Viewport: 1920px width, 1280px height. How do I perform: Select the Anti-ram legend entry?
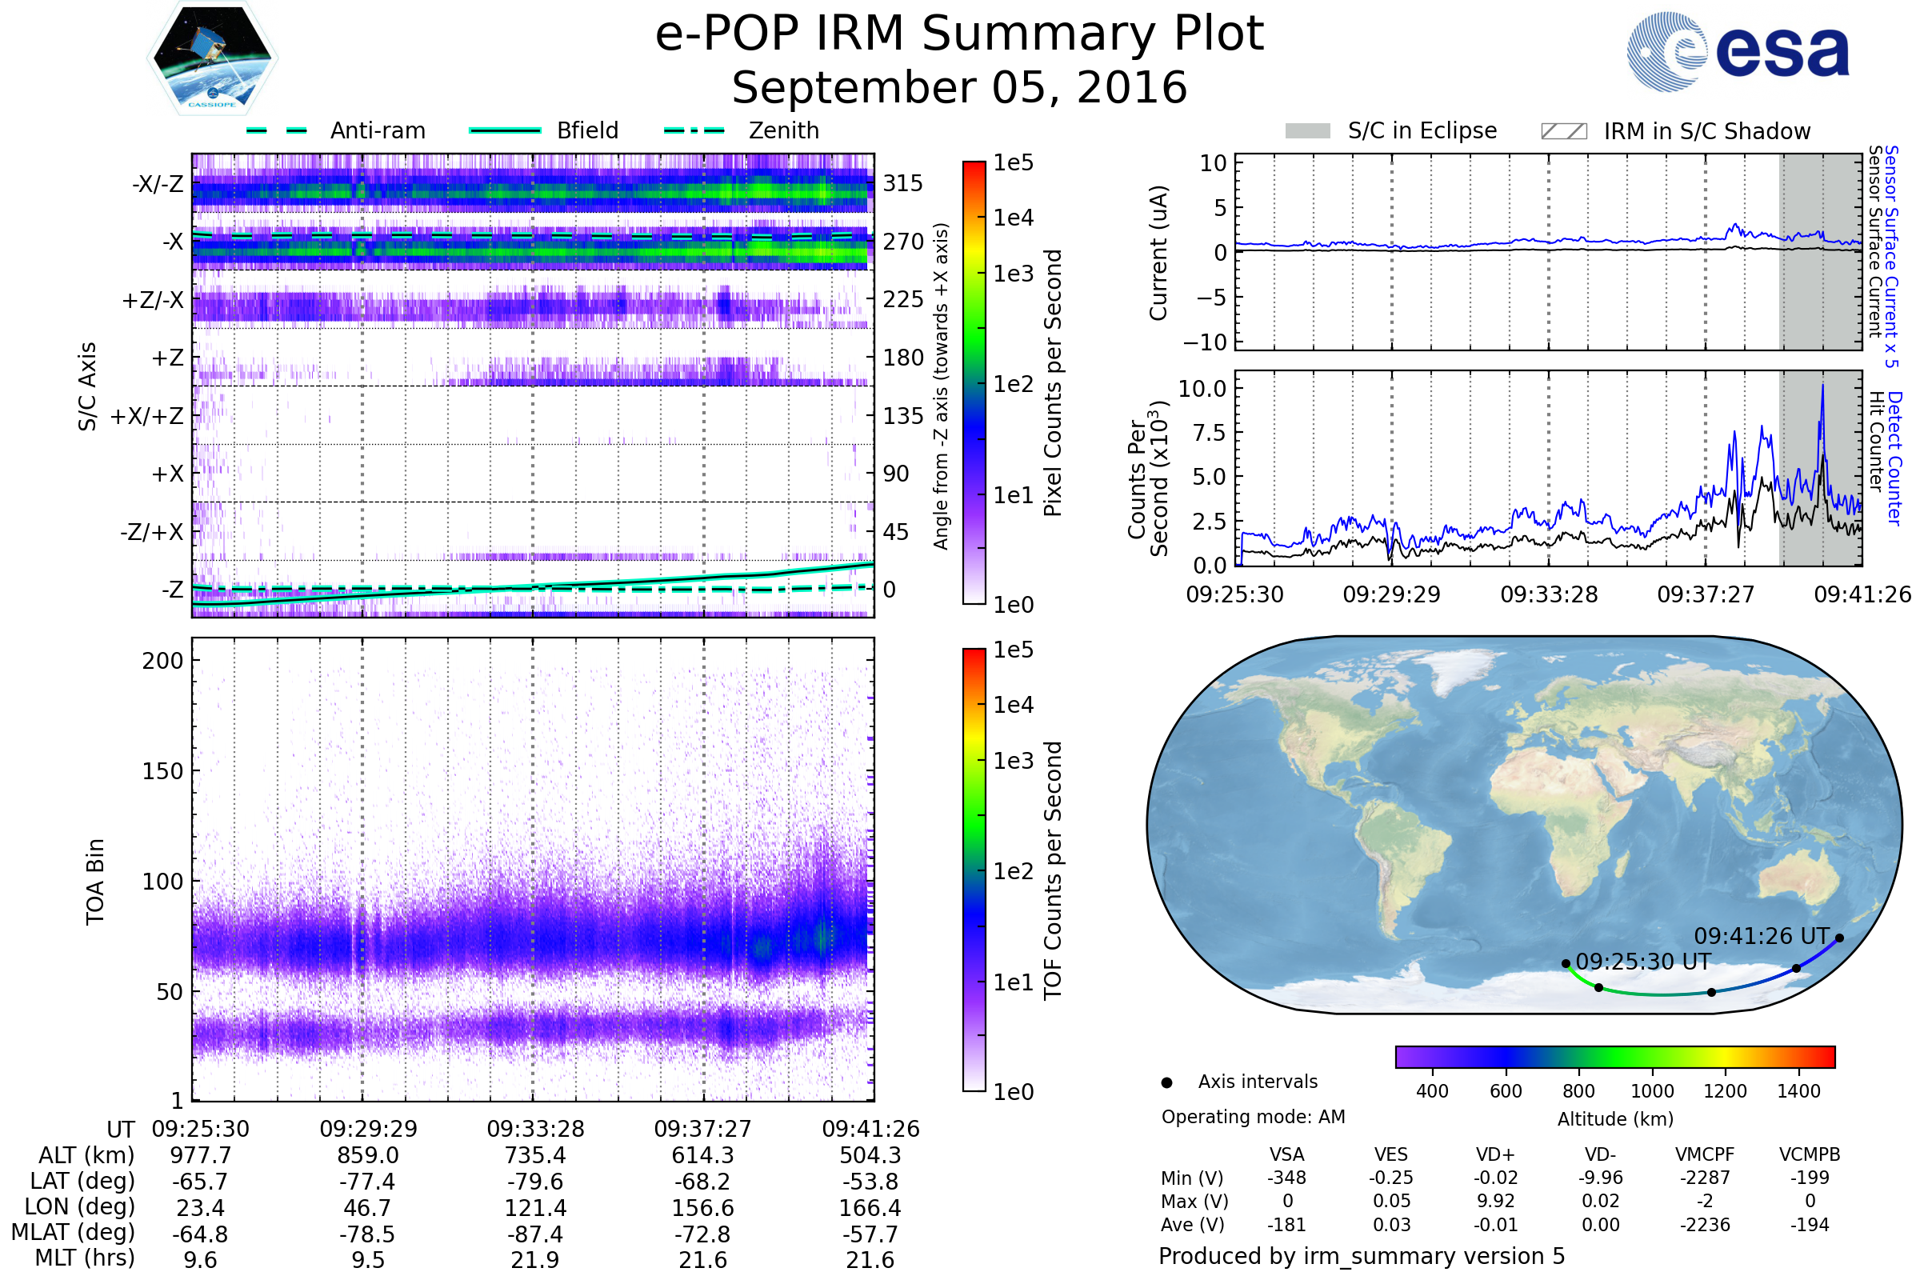tap(336, 130)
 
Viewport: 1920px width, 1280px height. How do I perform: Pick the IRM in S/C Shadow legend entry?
tap(1675, 131)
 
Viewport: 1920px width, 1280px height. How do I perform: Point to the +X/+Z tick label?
tap(147, 416)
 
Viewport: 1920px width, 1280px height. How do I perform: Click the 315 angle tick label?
tap(902, 183)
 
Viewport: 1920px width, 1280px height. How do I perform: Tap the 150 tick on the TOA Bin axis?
tap(162, 771)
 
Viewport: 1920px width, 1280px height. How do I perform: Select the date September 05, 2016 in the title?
tap(959, 88)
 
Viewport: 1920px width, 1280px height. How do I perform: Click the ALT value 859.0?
tap(367, 1156)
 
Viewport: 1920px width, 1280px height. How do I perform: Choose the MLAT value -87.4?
tap(534, 1234)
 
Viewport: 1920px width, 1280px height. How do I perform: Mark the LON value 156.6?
tap(703, 1208)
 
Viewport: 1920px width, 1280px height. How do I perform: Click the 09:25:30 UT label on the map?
tap(1642, 962)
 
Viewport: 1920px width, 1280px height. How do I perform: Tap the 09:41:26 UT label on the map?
tap(1762, 935)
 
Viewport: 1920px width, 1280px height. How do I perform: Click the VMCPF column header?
tap(1705, 1154)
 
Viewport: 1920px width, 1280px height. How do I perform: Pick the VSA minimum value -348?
tap(1286, 1178)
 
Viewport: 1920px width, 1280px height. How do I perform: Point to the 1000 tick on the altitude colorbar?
tap(1652, 1091)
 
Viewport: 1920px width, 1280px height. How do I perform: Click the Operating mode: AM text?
tap(1253, 1117)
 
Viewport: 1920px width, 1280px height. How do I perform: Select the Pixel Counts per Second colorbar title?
tap(1053, 382)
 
